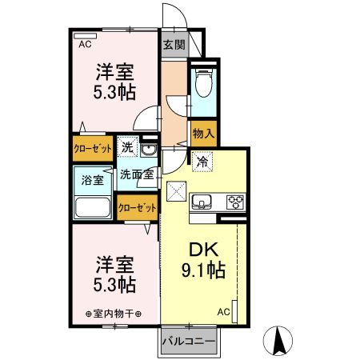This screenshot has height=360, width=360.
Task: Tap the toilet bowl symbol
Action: [203, 82]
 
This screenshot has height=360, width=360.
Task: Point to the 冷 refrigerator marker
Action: [202, 161]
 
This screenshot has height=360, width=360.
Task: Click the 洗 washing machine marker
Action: [127, 147]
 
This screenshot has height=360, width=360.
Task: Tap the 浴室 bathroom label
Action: [93, 179]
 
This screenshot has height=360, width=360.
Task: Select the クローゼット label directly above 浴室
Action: [93, 149]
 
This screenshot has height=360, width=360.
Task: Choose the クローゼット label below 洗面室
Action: [137, 207]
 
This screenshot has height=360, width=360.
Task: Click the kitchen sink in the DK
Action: [202, 200]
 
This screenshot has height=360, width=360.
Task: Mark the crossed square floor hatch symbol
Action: [175, 192]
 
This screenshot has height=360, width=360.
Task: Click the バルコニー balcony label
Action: [189, 342]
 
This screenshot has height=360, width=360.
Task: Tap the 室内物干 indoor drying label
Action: [113, 313]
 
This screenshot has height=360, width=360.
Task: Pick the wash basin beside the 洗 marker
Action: [150, 147]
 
